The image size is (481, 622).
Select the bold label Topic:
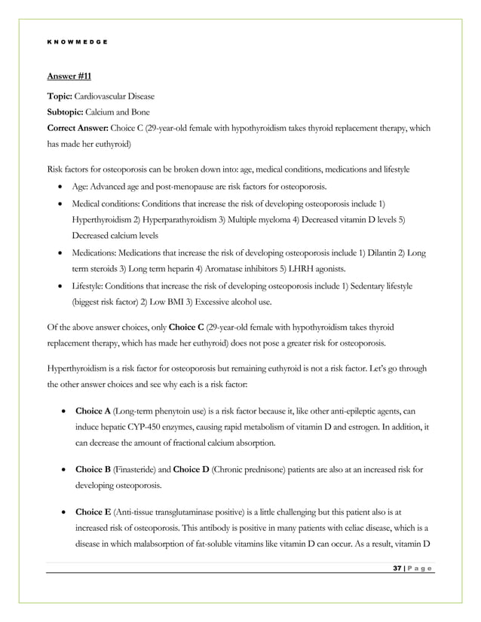(x=60, y=99)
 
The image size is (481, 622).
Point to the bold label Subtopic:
(x=66, y=114)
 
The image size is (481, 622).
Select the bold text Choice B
(x=91, y=470)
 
